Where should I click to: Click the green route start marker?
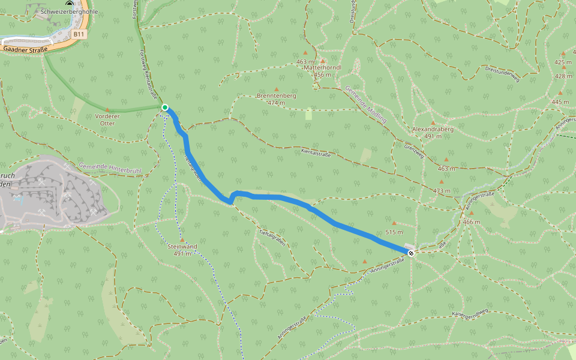(x=164, y=107)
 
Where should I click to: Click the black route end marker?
(x=411, y=253)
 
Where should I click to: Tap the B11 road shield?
(x=79, y=35)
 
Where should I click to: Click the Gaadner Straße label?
(x=25, y=50)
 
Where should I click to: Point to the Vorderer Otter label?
(x=108, y=119)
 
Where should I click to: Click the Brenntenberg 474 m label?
(x=277, y=99)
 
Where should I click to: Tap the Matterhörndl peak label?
(x=323, y=67)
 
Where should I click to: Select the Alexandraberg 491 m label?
(x=433, y=132)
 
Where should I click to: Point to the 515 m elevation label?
(x=394, y=232)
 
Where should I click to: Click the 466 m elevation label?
(x=472, y=222)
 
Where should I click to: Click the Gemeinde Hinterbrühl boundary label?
(x=110, y=169)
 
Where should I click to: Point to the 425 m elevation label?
(x=563, y=62)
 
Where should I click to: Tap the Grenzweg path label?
(x=414, y=149)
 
